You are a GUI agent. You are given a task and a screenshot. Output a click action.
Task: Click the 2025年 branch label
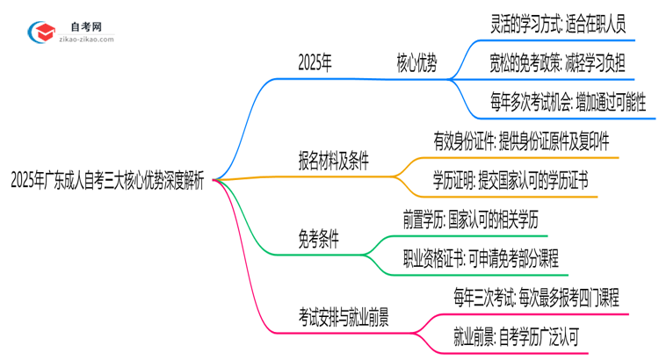coord(315,62)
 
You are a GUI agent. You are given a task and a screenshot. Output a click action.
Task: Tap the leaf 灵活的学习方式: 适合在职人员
coord(558,24)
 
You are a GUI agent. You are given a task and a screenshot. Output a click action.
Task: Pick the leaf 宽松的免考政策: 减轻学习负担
coord(558,62)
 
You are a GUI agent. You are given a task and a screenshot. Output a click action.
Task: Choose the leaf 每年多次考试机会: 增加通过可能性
coord(568,102)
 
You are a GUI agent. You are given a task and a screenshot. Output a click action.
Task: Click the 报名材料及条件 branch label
coord(333,161)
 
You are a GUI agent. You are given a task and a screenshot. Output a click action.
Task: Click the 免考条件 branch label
coord(319,239)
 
